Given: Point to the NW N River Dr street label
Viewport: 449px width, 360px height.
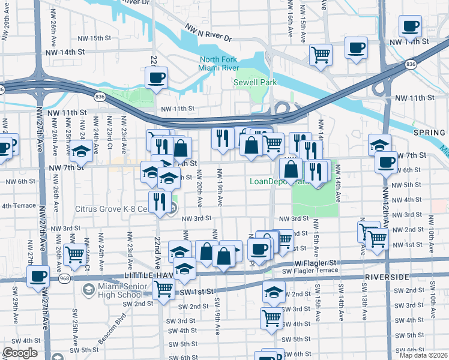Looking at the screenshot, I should click(x=208, y=32).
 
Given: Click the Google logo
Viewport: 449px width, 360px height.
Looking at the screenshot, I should click(x=19, y=353).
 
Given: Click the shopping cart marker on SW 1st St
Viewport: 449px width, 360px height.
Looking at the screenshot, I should click(x=163, y=289).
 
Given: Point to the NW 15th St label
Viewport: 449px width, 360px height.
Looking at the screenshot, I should click(x=88, y=38).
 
